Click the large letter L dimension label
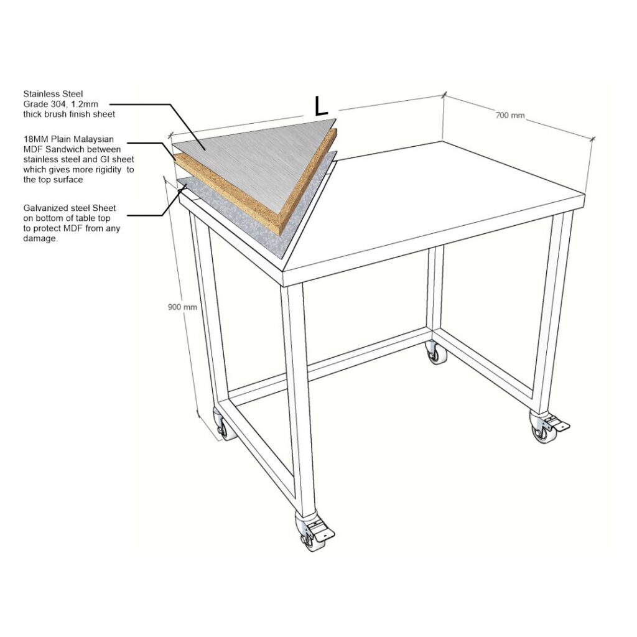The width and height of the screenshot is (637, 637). point(321,106)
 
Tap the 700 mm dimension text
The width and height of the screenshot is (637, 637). point(510,115)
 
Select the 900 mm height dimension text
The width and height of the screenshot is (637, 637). point(182,307)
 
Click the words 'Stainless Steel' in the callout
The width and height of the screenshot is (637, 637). point(53,94)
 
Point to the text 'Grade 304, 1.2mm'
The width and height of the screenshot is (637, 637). point(60,104)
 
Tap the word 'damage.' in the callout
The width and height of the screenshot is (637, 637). point(40,238)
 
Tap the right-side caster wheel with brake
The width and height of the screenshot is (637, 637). point(546,427)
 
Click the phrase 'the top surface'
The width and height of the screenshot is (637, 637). point(53,180)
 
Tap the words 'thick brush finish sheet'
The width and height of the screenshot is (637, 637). point(69,114)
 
